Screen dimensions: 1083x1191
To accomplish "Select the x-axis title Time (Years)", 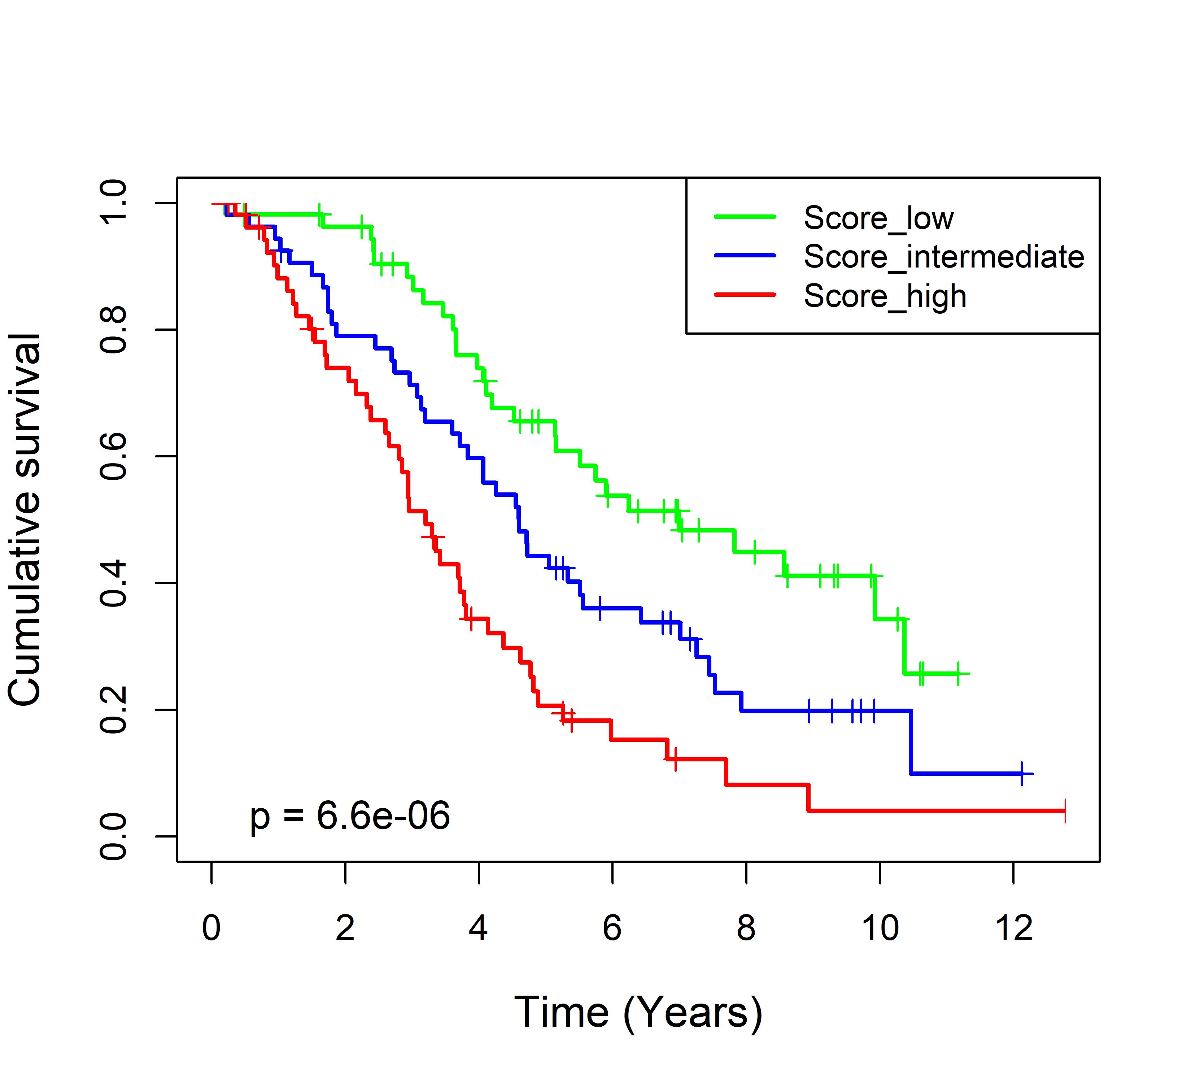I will [x=638, y=1013].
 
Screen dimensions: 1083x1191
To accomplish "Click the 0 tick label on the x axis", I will [x=211, y=928].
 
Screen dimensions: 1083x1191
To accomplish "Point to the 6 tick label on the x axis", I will [x=612, y=928].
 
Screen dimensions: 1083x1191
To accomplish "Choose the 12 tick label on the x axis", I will [x=1014, y=928].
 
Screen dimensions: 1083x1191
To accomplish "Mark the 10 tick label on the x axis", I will [x=880, y=928].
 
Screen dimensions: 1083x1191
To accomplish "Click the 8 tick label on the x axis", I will [x=746, y=928].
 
